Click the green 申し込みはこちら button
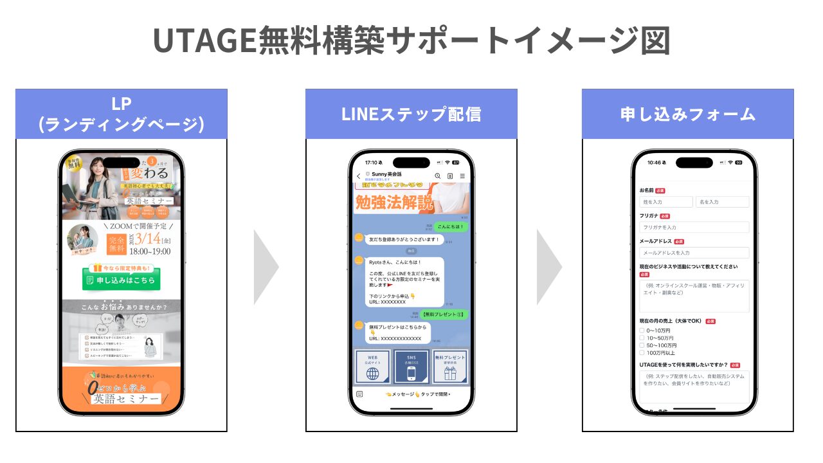coord(122,280)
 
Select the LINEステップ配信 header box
coord(411,114)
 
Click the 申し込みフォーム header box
coord(687,114)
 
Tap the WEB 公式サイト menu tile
coord(372,367)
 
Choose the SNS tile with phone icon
coord(411,367)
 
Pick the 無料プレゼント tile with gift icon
coord(449,367)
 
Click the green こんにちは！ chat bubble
coord(450,227)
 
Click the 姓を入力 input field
coord(665,202)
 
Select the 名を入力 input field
coord(722,202)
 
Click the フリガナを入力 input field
coord(694,227)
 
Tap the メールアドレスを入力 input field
coord(694,253)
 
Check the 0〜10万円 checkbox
coord(642,331)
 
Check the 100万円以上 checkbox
coord(642,352)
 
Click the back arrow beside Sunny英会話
coord(358,176)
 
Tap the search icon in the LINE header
coord(438,176)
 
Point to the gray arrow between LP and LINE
coord(266,267)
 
